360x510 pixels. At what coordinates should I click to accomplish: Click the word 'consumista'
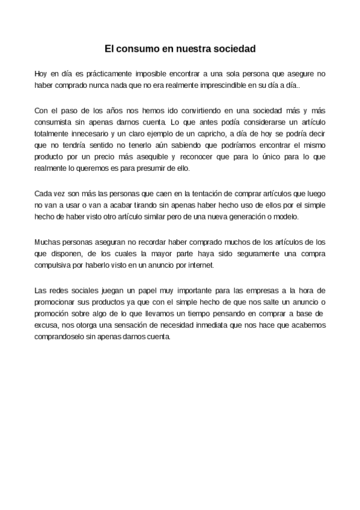(55, 122)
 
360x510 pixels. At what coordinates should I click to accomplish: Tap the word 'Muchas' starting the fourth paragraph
(48, 242)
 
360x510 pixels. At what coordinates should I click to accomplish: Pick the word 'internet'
(191, 265)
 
